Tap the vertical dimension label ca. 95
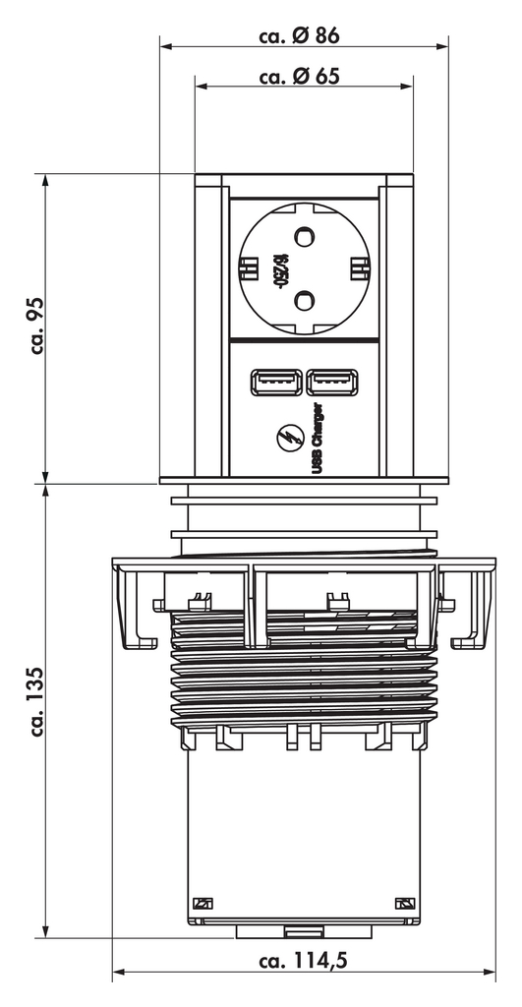(40, 326)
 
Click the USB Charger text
(318, 438)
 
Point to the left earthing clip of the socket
(247, 267)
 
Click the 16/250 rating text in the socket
(280, 266)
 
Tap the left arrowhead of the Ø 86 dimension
(166, 45)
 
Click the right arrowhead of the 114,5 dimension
(493, 973)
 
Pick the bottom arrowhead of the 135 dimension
(45, 931)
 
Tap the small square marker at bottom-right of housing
(403, 904)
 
